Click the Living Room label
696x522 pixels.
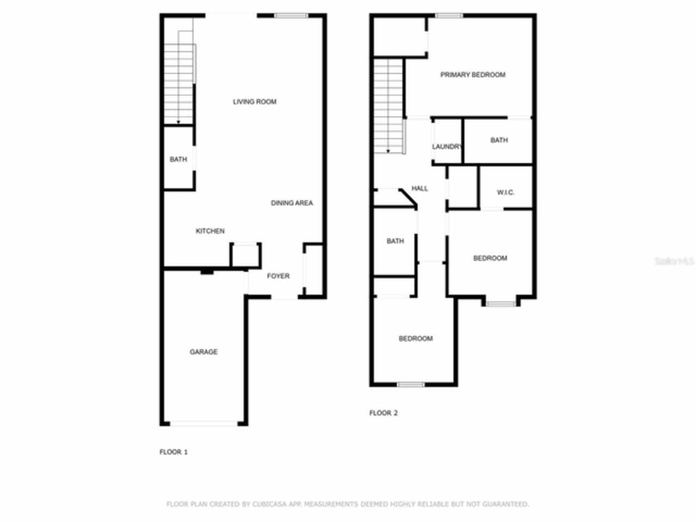pos(254,102)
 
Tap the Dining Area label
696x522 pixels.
pos(292,203)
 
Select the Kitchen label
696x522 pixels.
pos(210,231)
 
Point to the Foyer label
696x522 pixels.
pos(278,276)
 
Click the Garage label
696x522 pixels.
pos(203,352)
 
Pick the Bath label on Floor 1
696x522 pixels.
pos(178,159)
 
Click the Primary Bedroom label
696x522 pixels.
pos(473,74)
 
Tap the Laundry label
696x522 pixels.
pos(447,147)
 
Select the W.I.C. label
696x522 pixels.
pos(506,192)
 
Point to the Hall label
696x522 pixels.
pos(420,189)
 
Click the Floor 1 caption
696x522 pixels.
pos(173,452)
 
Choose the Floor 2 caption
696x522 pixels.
pos(383,413)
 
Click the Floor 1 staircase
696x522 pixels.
pos(179,79)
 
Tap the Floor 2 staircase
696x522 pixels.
pos(388,106)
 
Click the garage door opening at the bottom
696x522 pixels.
pos(203,423)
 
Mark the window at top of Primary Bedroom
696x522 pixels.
pos(449,16)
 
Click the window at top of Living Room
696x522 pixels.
pos(291,16)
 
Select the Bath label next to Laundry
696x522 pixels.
pos(499,140)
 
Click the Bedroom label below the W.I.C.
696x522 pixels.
pos(490,258)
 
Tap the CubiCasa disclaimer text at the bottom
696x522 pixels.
pos(347,504)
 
